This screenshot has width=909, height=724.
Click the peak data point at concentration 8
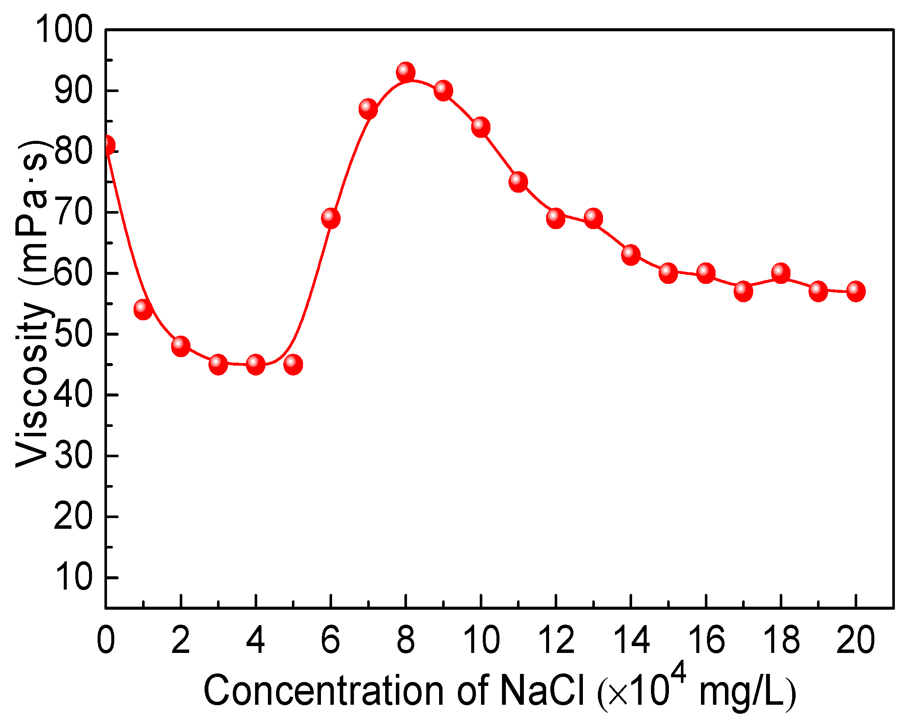[x=405, y=72]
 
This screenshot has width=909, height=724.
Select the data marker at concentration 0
[x=107, y=146]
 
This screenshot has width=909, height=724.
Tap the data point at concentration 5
[x=293, y=364]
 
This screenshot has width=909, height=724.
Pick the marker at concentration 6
[x=330, y=218]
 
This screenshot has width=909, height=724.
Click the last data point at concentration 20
[x=856, y=292]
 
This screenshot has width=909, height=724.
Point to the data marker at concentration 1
[x=143, y=310]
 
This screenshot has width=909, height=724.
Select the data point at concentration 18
[x=781, y=273]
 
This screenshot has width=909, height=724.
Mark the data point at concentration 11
[x=518, y=182]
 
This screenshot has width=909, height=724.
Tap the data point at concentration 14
[x=631, y=255]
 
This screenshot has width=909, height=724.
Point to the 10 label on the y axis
[x=73, y=578]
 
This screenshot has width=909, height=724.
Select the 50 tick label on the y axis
[x=73, y=334]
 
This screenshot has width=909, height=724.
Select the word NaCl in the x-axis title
[x=542, y=690]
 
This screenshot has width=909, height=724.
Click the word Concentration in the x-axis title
[x=324, y=690]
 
